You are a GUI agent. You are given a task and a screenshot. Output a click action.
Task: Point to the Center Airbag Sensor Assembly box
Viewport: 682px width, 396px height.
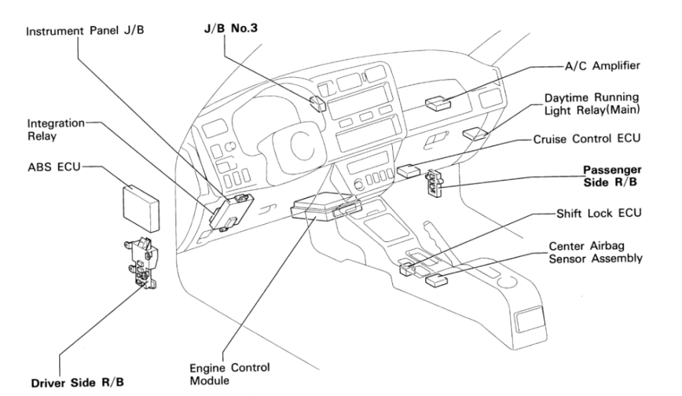click(436, 279)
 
